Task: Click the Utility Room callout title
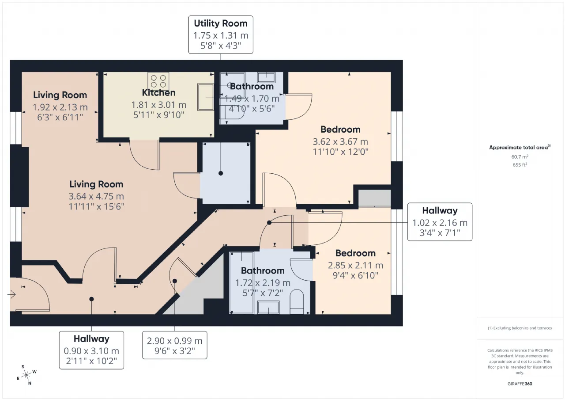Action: point(221,23)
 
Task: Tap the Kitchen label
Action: point(158,93)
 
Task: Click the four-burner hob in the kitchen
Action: point(158,81)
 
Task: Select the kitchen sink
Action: point(206,97)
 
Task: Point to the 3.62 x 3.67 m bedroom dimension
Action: point(340,142)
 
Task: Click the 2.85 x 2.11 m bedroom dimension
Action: point(355,265)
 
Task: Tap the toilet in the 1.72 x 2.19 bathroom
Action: point(297,301)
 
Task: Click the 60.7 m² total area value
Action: point(520,157)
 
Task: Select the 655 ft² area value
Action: point(520,165)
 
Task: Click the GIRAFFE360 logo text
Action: point(520,384)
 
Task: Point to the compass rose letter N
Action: point(30,383)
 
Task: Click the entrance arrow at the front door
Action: point(11,294)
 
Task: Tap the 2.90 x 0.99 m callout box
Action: point(174,345)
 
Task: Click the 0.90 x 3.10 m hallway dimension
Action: point(91,351)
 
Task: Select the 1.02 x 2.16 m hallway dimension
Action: point(440,223)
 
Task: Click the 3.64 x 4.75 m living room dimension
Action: point(96,197)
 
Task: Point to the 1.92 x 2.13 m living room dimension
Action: point(60,107)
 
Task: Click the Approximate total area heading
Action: point(520,148)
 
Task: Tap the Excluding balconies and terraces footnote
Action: point(520,328)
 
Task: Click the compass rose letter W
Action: point(34,372)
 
